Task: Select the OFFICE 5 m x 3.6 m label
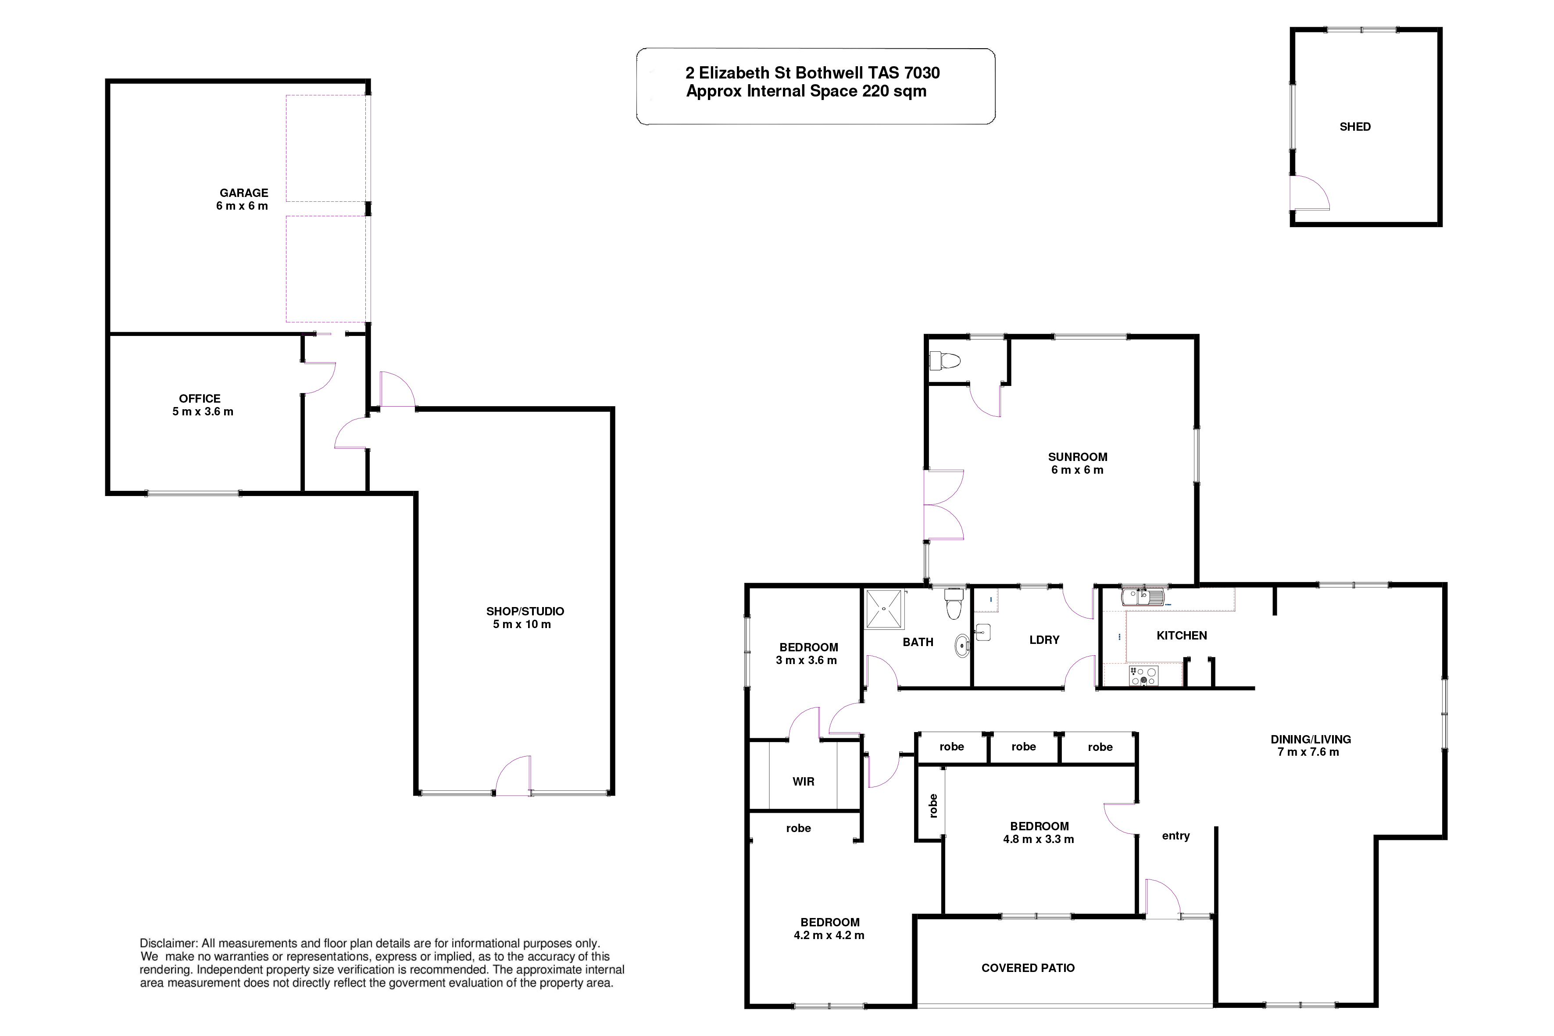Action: (202, 405)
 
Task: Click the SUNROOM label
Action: (1078, 457)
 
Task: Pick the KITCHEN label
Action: (1181, 636)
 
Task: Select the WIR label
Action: (804, 782)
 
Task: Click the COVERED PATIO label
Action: (1028, 968)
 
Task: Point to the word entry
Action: (1175, 836)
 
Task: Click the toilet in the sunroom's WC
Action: (944, 361)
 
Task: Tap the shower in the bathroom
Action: (884, 608)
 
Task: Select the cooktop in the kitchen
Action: (1143, 676)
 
